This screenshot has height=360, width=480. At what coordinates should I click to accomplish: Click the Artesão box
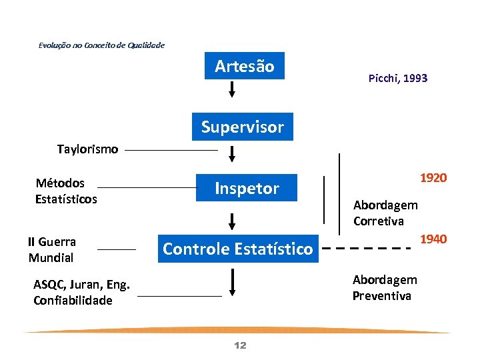pyautogui.click(x=245, y=66)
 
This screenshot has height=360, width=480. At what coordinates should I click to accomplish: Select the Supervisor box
pyautogui.click(x=243, y=127)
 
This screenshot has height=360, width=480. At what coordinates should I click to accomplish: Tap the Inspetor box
pyautogui.click(x=247, y=189)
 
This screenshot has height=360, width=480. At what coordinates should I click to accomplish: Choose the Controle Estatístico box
pyautogui.click(x=238, y=249)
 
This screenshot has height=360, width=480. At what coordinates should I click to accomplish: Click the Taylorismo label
pyautogui.click(x=87, y=149)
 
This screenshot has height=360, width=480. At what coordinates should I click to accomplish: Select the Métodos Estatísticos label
pyautogui.click(x=66, y=191)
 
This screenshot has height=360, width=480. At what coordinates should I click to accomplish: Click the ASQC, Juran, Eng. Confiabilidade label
pyautogui.click(x=81, y=293)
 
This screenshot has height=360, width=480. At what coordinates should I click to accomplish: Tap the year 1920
pyautogui.click(x=433, y=178)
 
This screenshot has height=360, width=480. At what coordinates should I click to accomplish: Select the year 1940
pyautogui.click(x=433, y=239)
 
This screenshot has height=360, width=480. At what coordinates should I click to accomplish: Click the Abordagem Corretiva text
pyautogui.click(x=385, y=213)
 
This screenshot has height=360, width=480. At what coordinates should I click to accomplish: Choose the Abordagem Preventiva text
pyautogui.click(x=385, y=287)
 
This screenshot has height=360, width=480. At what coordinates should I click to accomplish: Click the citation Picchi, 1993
pyautogui.click(x=398, y=78)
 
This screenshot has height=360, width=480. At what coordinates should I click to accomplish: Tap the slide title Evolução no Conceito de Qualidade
pyautogui.click(x=101, y=45)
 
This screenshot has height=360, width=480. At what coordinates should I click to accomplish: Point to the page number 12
pyautogui.click(x=240, y=345)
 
